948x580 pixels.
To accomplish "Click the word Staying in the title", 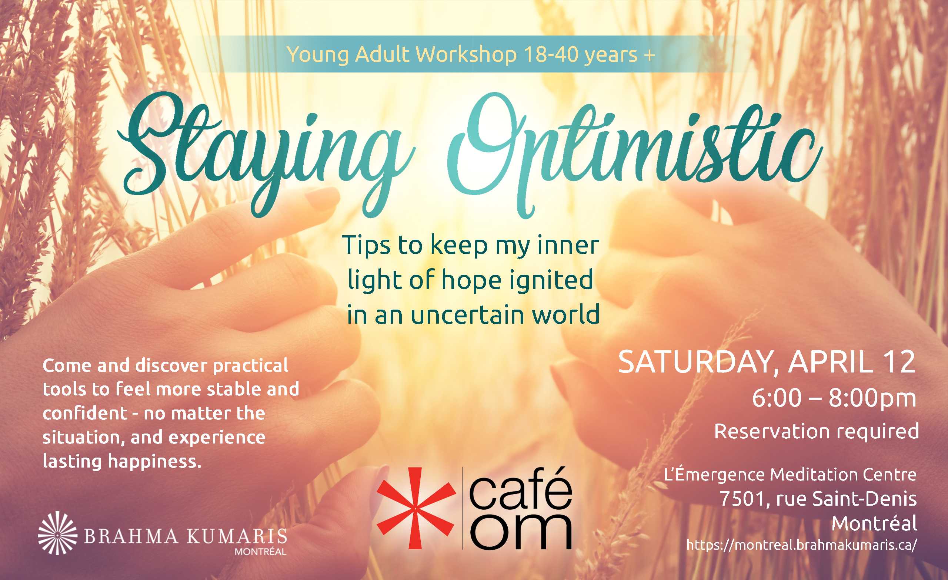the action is (266, 154).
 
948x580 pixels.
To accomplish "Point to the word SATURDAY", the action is (697, 362).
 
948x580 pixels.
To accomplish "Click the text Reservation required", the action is (817, 431).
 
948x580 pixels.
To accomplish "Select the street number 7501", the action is (742, 499).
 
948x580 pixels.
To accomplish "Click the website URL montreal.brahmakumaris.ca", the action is (802, 544).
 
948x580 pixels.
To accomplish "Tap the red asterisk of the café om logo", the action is (416, 508).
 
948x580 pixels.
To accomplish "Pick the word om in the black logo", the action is (521, 532).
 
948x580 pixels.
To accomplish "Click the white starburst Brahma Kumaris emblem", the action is (58, 533).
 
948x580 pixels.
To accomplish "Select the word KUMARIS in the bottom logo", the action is (237, 536).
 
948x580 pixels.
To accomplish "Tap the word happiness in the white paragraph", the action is (154, 461).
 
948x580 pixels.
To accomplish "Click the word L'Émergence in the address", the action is (714, 474).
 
